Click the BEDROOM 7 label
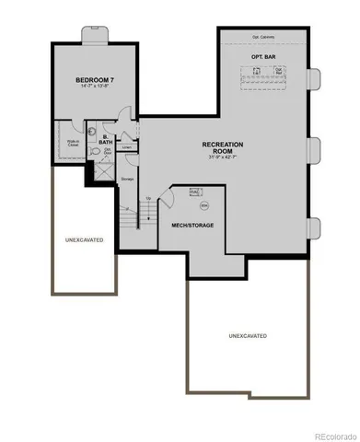(x=94, y=81)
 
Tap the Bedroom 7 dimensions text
(x=94, y=88)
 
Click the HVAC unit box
(x=194, y=192)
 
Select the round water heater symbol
(x=204, y=204)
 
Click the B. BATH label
(x=106, y=140)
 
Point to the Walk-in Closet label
(x=71, y=144)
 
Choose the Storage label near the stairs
(x=128, y=179)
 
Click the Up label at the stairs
(x=148, y=198)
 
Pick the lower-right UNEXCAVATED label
(x=248, y=336)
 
